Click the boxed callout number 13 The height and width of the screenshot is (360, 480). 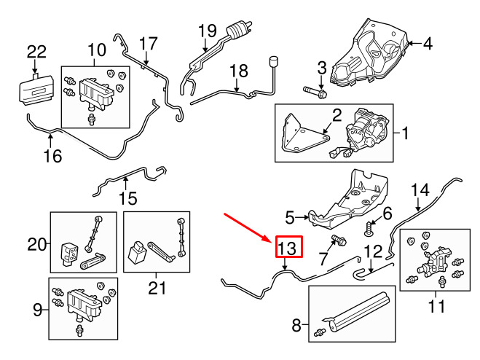coord(288,249)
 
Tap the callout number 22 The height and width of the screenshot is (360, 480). coord(36,52)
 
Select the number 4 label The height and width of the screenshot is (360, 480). coord(428,44)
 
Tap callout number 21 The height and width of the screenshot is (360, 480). coord(157,289)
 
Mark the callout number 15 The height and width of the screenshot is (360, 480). coord(127,197)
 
